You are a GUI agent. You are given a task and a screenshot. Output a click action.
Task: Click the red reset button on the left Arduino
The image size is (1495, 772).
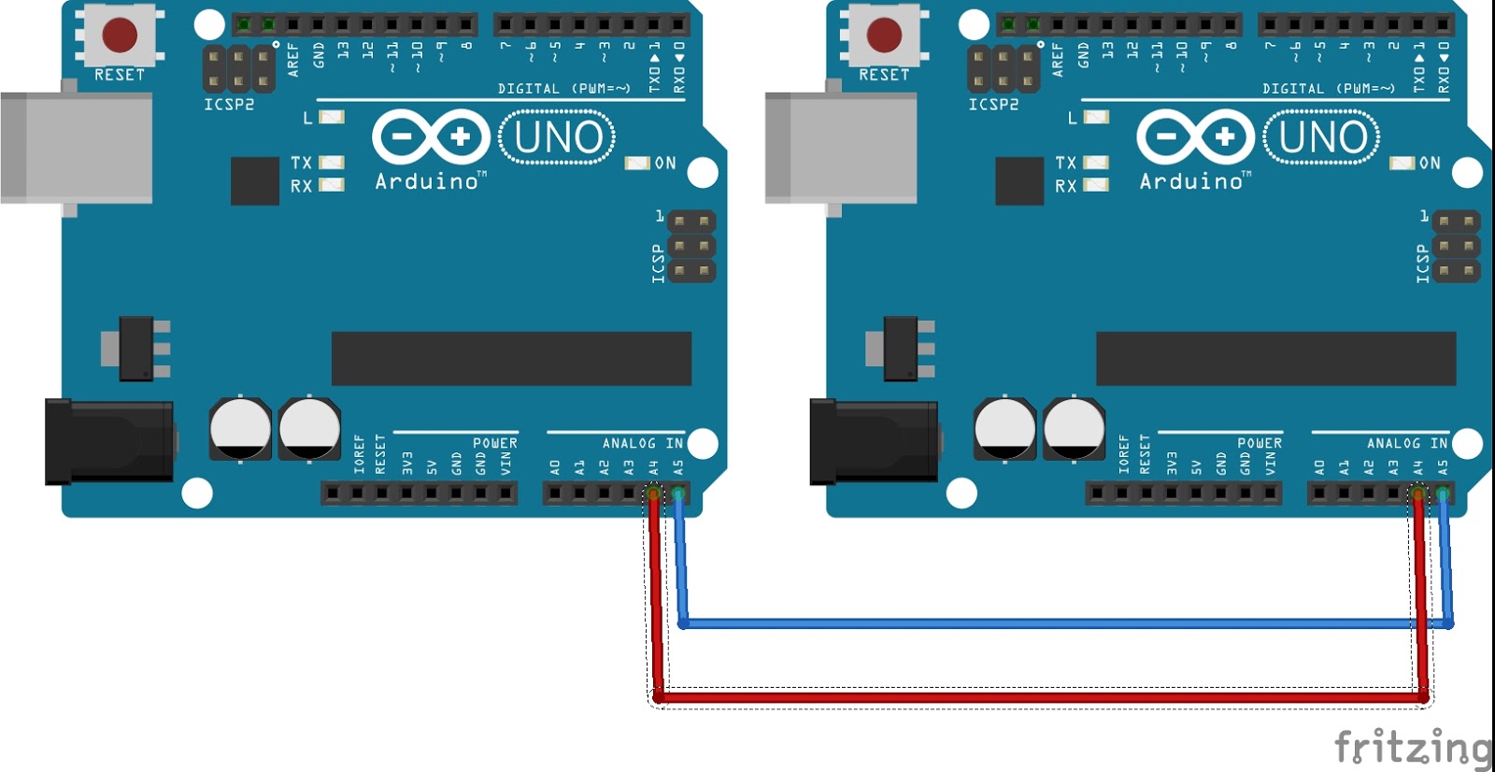point(120,35)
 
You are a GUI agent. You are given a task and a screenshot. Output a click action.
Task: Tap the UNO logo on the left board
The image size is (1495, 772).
point(558,137)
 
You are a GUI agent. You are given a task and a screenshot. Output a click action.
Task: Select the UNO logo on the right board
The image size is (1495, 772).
point(1322,137)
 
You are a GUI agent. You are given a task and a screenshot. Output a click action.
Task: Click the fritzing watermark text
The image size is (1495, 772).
point(1413,747)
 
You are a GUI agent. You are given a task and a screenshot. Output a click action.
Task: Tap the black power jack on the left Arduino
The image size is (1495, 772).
point(109,441)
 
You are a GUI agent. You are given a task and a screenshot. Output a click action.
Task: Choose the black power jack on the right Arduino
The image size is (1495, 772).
point(874,441)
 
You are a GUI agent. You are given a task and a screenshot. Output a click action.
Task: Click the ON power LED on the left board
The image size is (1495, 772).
point(637,163)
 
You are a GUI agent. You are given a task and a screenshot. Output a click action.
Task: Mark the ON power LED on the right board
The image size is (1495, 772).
point(1402,163)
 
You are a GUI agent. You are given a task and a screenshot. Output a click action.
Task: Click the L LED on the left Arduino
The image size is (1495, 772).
point(332,117)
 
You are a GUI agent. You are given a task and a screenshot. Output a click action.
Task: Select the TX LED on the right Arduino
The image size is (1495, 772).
point(1096,163)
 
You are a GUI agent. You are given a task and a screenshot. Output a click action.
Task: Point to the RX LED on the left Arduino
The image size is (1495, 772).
point(332,185)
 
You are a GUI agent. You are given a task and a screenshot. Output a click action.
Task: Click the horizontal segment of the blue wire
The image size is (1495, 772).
point(1065,622)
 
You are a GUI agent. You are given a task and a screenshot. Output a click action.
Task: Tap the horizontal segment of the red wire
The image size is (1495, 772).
point(1037,696)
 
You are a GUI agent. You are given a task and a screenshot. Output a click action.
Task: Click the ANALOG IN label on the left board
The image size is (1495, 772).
point(643,443)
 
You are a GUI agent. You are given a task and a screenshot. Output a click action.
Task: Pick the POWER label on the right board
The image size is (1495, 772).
point(1260,443)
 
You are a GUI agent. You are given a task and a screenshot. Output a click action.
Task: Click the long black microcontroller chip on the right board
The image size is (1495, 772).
point(1275,358)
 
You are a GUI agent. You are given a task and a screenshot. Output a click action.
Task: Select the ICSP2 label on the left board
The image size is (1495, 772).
point(229,105)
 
